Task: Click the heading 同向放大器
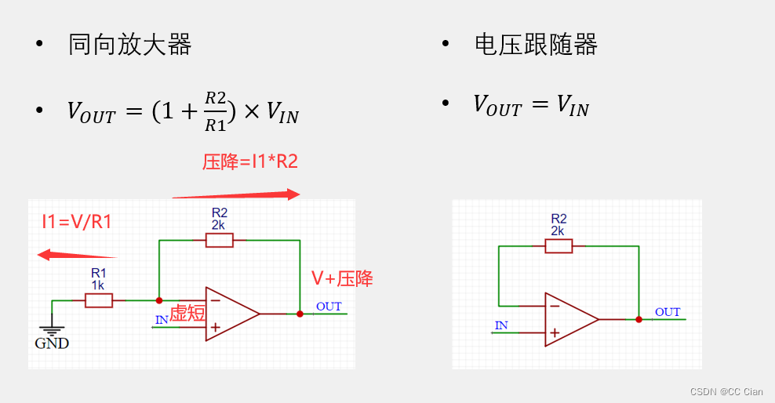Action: [130, 45]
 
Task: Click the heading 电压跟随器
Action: [537, 45]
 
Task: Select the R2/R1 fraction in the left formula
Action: [216, 111]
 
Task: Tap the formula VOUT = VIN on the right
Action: [531, 105]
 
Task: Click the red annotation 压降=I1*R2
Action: [250, 162]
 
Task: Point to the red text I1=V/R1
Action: [77, 222]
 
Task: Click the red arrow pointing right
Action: [236, 194]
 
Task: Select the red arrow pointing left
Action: [77, 255]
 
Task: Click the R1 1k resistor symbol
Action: [98, 300]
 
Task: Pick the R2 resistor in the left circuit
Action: [220, 240]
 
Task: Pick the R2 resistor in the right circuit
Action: [559, 245]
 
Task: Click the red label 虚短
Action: [187, 313]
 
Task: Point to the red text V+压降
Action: [342, 278]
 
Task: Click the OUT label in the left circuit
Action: [329, 306]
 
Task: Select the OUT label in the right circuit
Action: [668, 311]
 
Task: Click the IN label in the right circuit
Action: [501, 325]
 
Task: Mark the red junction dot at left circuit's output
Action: [300, 314]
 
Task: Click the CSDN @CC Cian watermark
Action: [726, 391]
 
